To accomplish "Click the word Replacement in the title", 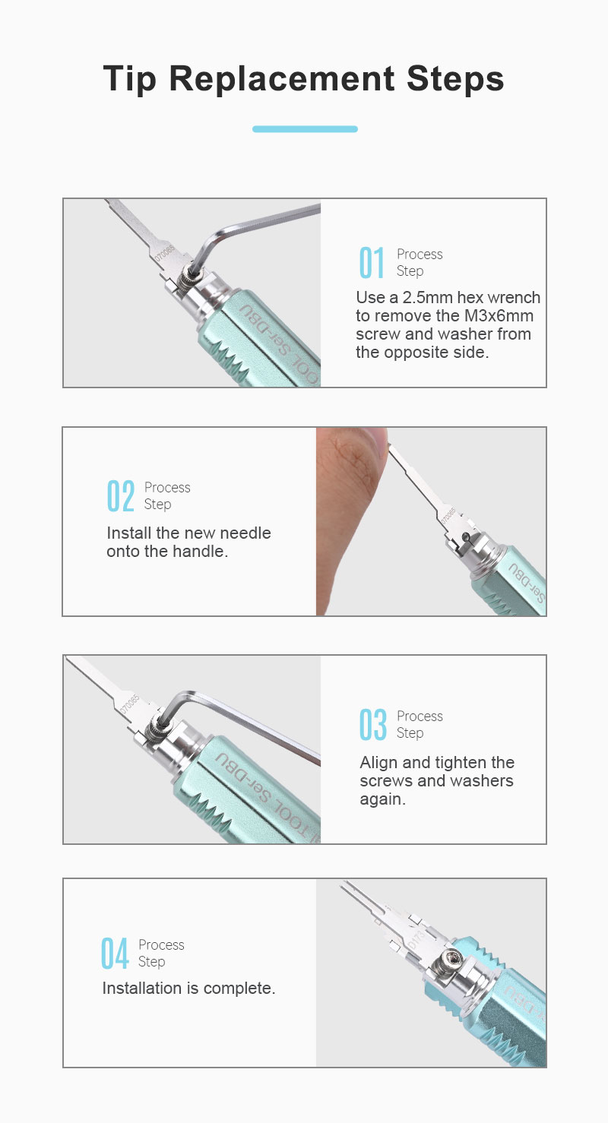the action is tap(282, 79).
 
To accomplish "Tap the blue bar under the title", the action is tap(305, 129).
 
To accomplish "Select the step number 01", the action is tap(372, 262).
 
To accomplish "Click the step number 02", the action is tap(120, 496).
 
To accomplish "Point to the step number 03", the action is tap(372, 724).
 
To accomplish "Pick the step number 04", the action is tap(115, 953).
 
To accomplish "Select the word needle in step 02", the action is tap(245, 533).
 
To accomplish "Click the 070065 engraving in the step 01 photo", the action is tap(164, 252).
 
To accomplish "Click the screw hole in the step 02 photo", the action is tap(466, 537).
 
